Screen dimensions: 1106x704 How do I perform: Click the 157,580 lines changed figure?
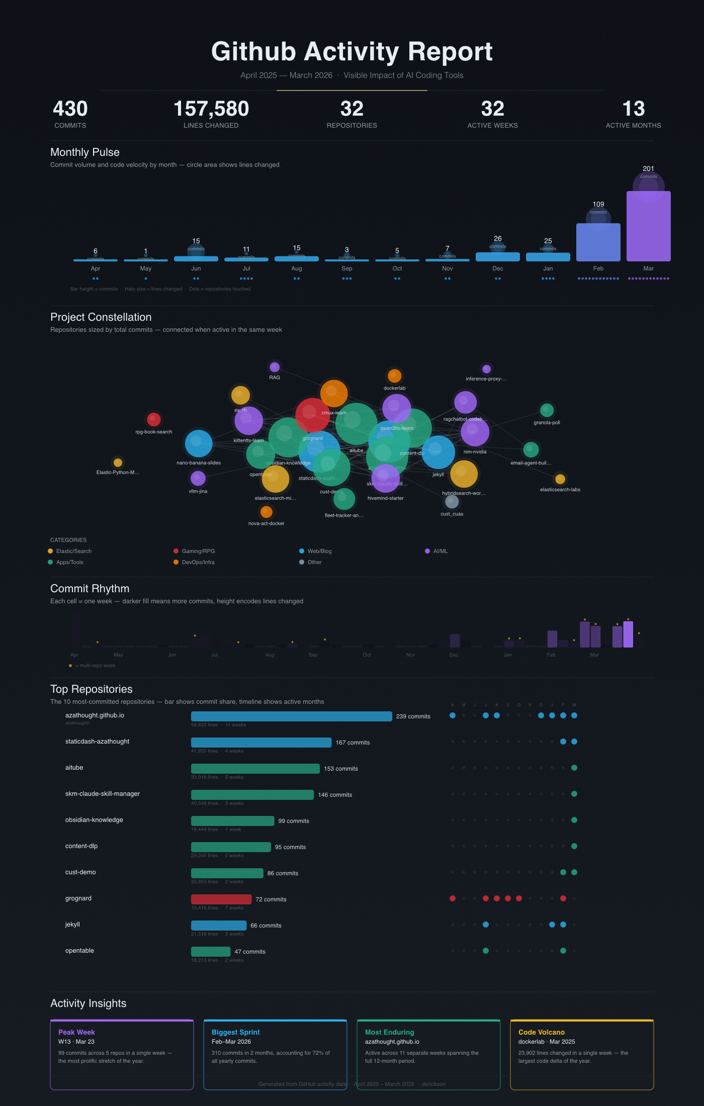click(211, 109)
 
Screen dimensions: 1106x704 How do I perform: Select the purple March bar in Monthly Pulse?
click(648, 226)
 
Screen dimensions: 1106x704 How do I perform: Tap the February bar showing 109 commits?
click(598, 243)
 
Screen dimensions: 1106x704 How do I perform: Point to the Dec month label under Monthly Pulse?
click(497, 268)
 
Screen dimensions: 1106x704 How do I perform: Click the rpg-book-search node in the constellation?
click(153, 419)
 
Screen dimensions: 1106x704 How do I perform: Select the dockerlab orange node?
click(394, 376)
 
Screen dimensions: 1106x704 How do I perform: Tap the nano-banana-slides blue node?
click(199, 443)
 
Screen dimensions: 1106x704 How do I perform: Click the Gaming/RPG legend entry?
click(198, 551)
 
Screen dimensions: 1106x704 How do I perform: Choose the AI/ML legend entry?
click(440, 551)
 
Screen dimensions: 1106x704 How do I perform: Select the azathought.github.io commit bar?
click(291, 716)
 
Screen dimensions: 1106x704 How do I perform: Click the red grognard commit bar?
click(221, 899)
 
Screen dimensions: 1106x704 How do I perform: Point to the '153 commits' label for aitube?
click(341, 769)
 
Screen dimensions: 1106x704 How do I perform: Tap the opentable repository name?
click(79, 951)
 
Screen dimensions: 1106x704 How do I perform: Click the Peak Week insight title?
click(76, 1032)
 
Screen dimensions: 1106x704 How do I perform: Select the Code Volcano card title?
click(541, 1032)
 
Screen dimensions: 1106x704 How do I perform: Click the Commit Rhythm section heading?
click(90, 589)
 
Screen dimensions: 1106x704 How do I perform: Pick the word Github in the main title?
click(253, 52)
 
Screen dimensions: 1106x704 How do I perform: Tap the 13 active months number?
click(633, 109)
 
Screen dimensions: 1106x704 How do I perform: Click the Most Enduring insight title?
click(389, 1032)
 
